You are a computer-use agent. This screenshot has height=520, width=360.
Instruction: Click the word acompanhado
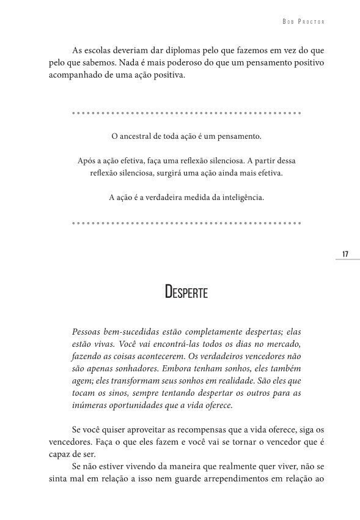68,77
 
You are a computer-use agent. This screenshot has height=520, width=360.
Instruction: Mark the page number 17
345,254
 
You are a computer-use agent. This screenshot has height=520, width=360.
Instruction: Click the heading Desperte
186,292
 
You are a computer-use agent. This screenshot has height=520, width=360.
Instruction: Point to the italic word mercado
282,344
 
